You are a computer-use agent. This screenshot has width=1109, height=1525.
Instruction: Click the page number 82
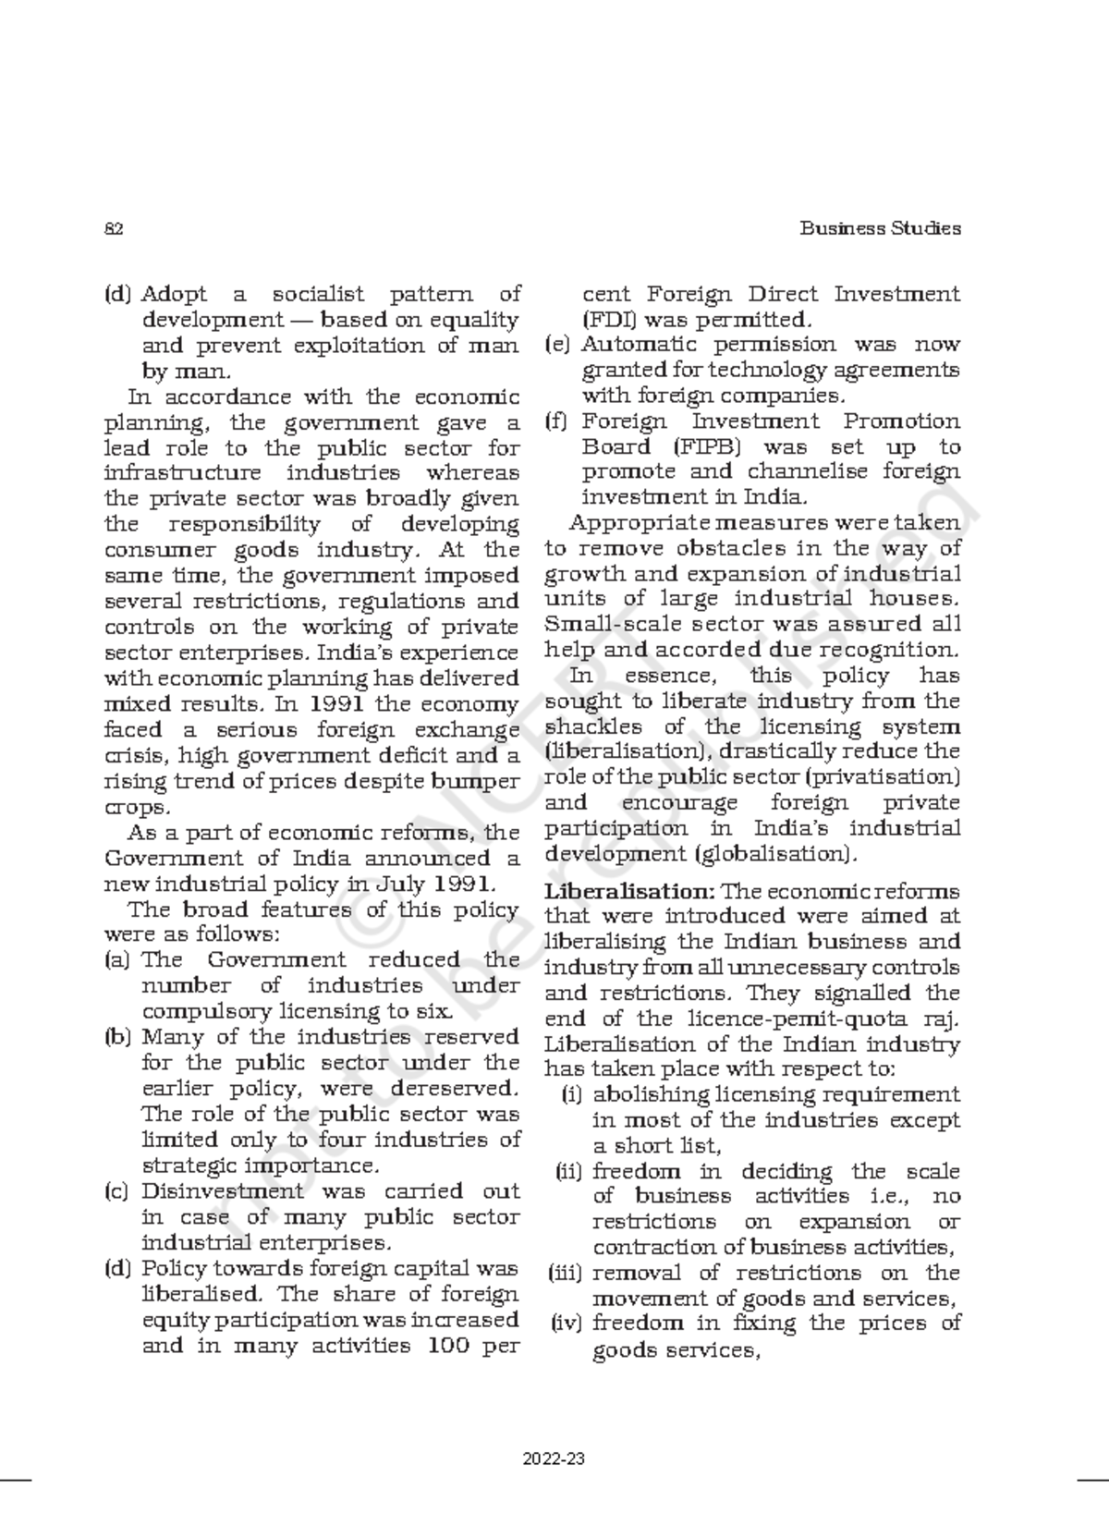click(x=114, y=228)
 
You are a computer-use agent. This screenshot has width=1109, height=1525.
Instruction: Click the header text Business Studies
click(x=880, y=228)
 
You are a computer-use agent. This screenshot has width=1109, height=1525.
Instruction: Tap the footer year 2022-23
click(x=554, y=1461)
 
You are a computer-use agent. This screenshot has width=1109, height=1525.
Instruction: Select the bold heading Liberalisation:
click(x=629, y=892)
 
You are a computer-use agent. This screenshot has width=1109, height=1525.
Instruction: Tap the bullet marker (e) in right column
click(x=557, y=345)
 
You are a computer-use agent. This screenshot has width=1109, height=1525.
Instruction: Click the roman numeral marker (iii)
click(x=566, y=1273)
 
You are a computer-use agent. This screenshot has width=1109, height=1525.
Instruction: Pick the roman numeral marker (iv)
click(x=567, y=1324)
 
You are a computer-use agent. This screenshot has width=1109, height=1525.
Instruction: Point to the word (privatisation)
click(x=882, y=777)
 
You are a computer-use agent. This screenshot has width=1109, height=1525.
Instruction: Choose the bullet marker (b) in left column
click(x=118, y=1037)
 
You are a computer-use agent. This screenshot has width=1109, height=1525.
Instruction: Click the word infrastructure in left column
click(x=184, y=473)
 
